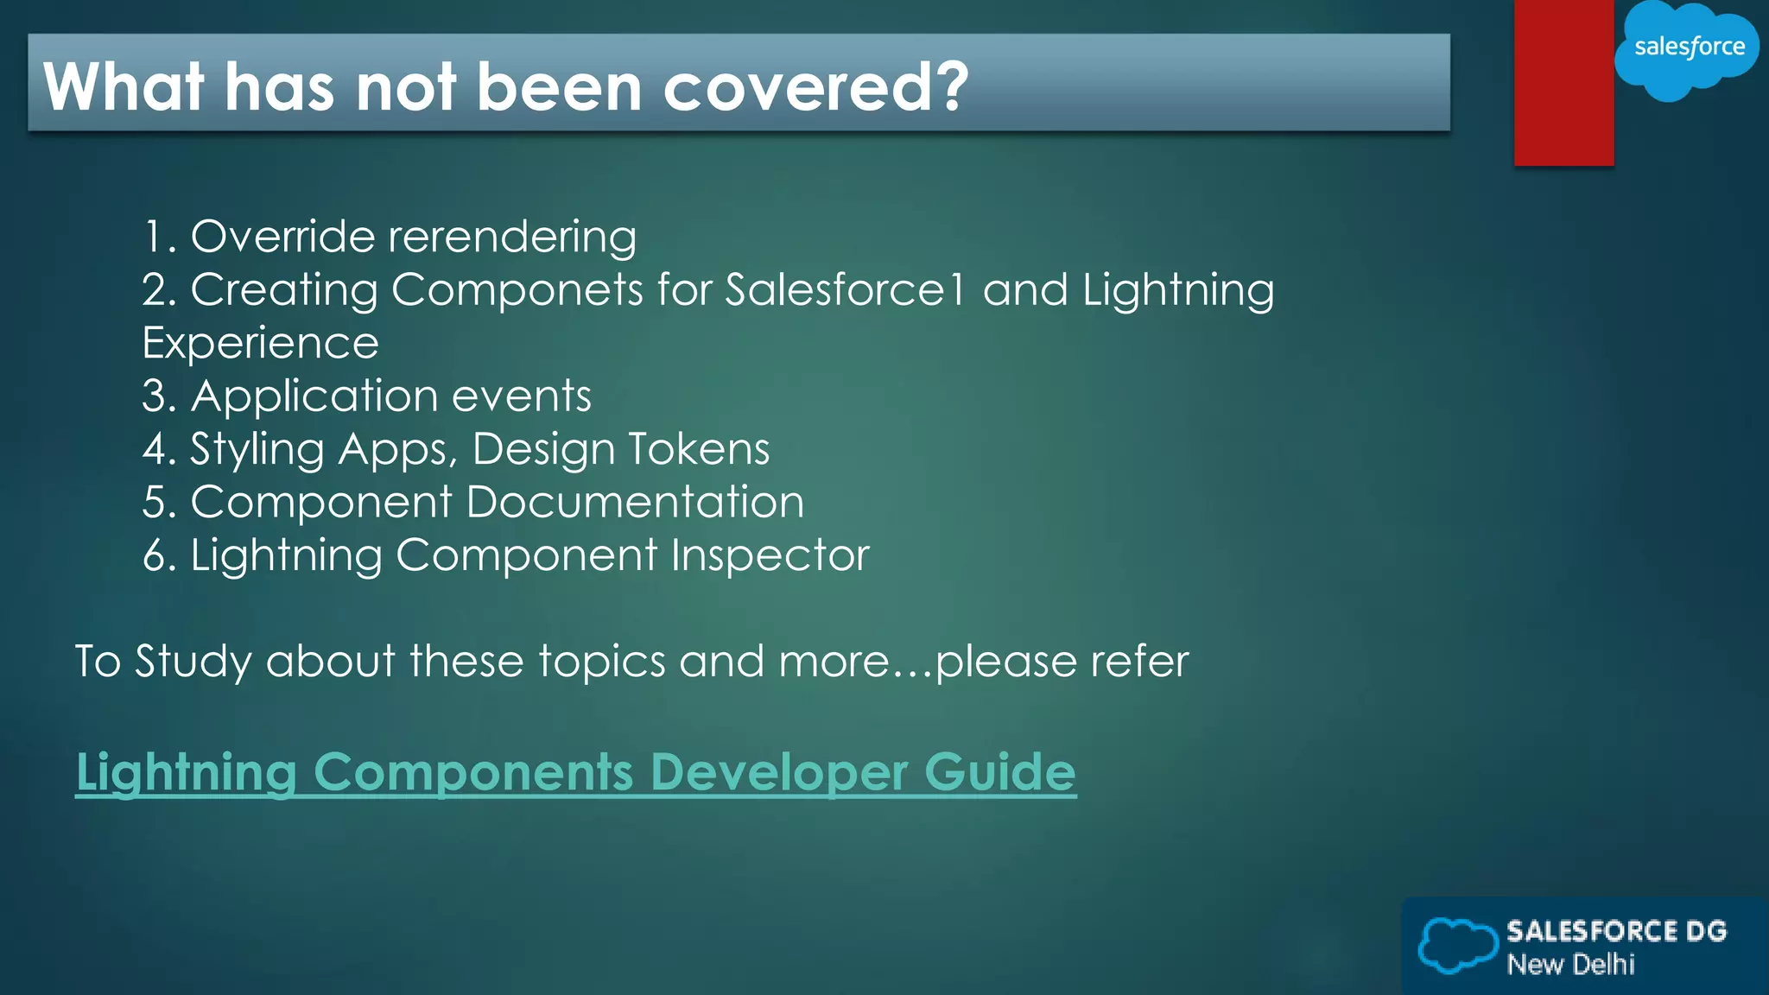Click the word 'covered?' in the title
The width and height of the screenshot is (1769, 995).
click(815, 87)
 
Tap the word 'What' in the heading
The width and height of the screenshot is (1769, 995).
click(124, 87)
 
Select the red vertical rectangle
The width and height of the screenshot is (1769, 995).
click(1563, 82)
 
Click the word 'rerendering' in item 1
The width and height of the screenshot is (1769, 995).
click(512, 238)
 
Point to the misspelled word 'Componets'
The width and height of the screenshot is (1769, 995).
click(517, 290)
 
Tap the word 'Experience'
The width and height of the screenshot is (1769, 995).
click(260, 344)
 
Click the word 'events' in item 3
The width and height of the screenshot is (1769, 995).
click(521, 396)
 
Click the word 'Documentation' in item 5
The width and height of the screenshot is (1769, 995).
click(635, 503)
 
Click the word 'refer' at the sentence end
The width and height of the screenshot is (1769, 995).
click(1139, 662)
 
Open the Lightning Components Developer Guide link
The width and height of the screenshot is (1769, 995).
click(575, 771)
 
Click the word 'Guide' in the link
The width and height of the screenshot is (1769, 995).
click(999, 771)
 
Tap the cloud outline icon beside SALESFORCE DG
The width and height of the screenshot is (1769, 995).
click(1456, 946)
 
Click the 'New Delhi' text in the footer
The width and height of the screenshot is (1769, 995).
click(1570, 964)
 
